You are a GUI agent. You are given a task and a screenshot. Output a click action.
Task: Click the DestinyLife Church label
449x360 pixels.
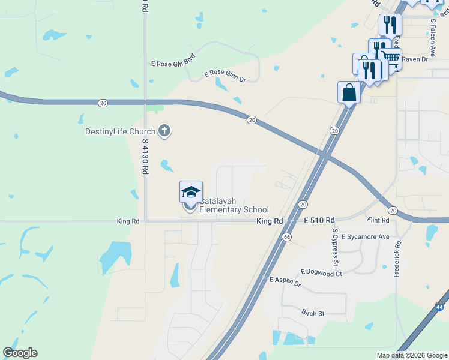pos(120,131)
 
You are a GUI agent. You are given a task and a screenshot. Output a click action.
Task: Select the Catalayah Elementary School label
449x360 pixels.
pos(234,206)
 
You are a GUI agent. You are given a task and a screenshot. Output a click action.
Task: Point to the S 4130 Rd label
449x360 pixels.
pos(145,157)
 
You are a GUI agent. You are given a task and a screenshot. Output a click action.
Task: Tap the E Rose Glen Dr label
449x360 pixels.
pos(225,76)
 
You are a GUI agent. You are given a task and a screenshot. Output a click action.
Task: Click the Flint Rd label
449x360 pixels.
pos(379,220)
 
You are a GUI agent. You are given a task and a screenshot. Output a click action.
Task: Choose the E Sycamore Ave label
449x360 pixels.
pos(366,236)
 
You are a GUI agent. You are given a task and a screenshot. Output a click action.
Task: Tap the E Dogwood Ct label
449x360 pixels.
pos(321,273)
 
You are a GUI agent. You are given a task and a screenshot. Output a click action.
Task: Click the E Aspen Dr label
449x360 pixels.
pos(285,281)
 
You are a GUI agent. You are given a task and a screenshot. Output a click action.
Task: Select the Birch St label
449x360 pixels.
pos(313,313)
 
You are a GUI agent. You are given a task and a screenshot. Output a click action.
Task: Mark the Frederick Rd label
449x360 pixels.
pos(397,259)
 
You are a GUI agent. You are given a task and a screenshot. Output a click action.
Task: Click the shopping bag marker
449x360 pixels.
pos(349,92)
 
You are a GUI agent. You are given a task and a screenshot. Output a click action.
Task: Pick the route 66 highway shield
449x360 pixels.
pos(287,237)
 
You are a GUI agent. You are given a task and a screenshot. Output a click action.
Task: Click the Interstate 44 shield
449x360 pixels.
pos(440,307)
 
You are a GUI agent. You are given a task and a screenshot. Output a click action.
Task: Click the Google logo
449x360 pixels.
pos(20,353)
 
